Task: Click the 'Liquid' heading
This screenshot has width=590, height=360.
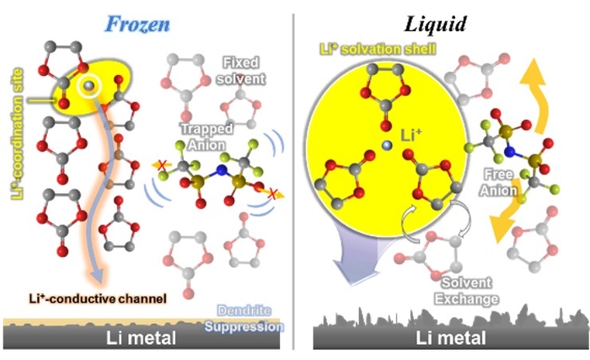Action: (x=437, y=23)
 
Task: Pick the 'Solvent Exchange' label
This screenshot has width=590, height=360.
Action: (x=476, y=293)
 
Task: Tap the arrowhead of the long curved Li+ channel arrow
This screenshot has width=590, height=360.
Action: (x=98, y=276)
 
